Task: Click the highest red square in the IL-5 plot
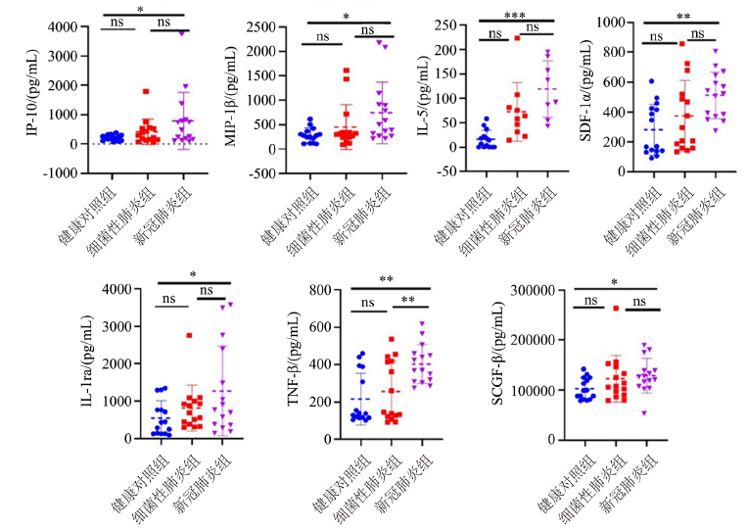pyautogui.click(x=517, y=38)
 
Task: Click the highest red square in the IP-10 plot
pyautogui.click(x=145, y=91)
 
